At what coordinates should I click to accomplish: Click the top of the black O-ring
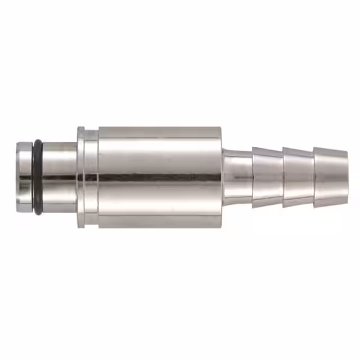pyautogui.click(x=37, y=142)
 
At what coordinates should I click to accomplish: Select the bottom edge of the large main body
pyautogui.click(x=160, y=227)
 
